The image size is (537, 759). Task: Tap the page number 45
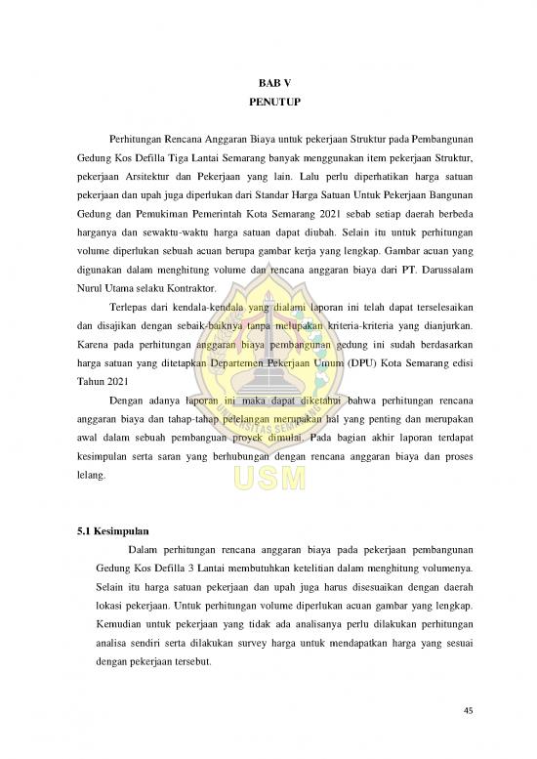click(x=470, y=710)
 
